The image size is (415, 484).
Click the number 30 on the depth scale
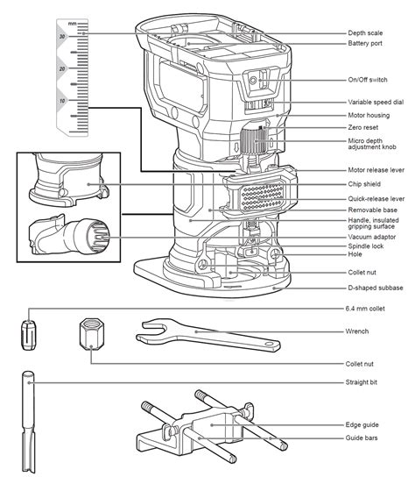coord(61,37)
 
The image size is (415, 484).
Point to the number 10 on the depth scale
coord(61,102)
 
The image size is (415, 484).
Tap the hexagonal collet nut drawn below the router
coord(92,335)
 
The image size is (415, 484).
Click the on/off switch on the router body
coord(259,80)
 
